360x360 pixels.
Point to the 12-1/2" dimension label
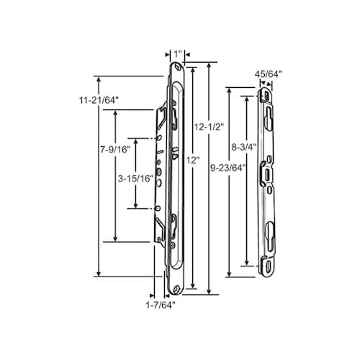(210, 125)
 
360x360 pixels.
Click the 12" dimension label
(192, 159)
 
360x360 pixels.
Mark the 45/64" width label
(268, 74)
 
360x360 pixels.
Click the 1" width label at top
(178, 53)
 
